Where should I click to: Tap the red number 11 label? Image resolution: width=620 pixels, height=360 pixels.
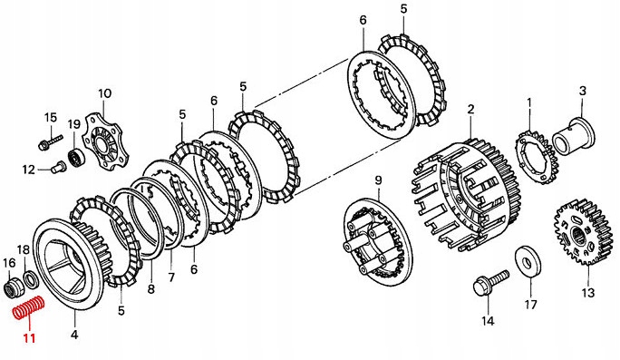(29, 338)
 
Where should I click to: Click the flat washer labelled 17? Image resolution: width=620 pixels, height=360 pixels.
(528, 262)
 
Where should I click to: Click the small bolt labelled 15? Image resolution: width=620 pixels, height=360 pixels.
(51, 141)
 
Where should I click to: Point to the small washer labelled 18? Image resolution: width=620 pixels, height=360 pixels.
(31, 279)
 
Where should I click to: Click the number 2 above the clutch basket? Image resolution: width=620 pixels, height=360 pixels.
(470, 109)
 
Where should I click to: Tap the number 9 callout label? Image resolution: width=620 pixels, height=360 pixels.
(378, 180)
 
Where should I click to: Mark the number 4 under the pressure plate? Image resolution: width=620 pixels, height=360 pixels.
(74, 335)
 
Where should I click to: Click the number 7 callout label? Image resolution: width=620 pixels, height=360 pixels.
(171, 277)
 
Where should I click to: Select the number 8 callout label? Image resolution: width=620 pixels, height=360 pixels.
(150, 289)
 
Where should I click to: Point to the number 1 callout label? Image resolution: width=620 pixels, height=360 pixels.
(529, 103)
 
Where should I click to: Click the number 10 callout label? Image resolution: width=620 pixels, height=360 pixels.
(105, 93)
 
